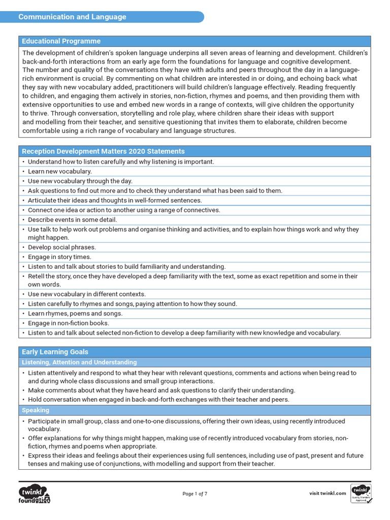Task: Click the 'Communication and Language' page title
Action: [x=72, y=17]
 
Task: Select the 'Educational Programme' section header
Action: [x=60, y=41]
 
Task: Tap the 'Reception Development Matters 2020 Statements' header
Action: [x=103, y=151]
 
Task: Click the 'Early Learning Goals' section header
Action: [x=54, y=352]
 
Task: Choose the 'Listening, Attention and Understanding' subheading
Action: [x=79, y=362]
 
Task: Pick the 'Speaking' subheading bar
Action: [x=35, y=410]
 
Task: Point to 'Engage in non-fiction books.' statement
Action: [x=69, y=323]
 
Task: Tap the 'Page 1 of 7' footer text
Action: [x=195, y=493]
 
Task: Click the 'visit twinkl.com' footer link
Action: [x=328, y=493]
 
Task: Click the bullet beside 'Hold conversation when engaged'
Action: [x=24, y=400]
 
